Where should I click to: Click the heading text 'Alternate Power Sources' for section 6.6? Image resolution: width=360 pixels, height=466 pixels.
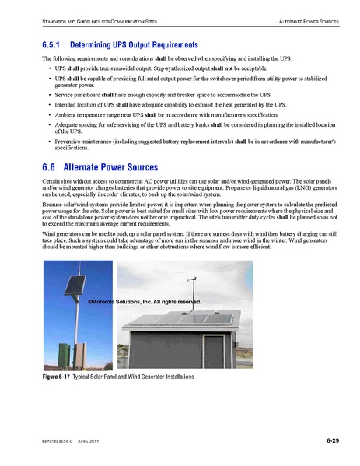(110, 167)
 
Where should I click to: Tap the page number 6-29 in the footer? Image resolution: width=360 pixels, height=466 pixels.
(332, 442)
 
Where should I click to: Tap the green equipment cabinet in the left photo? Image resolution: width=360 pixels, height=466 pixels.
(65, 349)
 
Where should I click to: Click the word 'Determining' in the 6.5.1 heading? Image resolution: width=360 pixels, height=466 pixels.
(101, 45)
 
